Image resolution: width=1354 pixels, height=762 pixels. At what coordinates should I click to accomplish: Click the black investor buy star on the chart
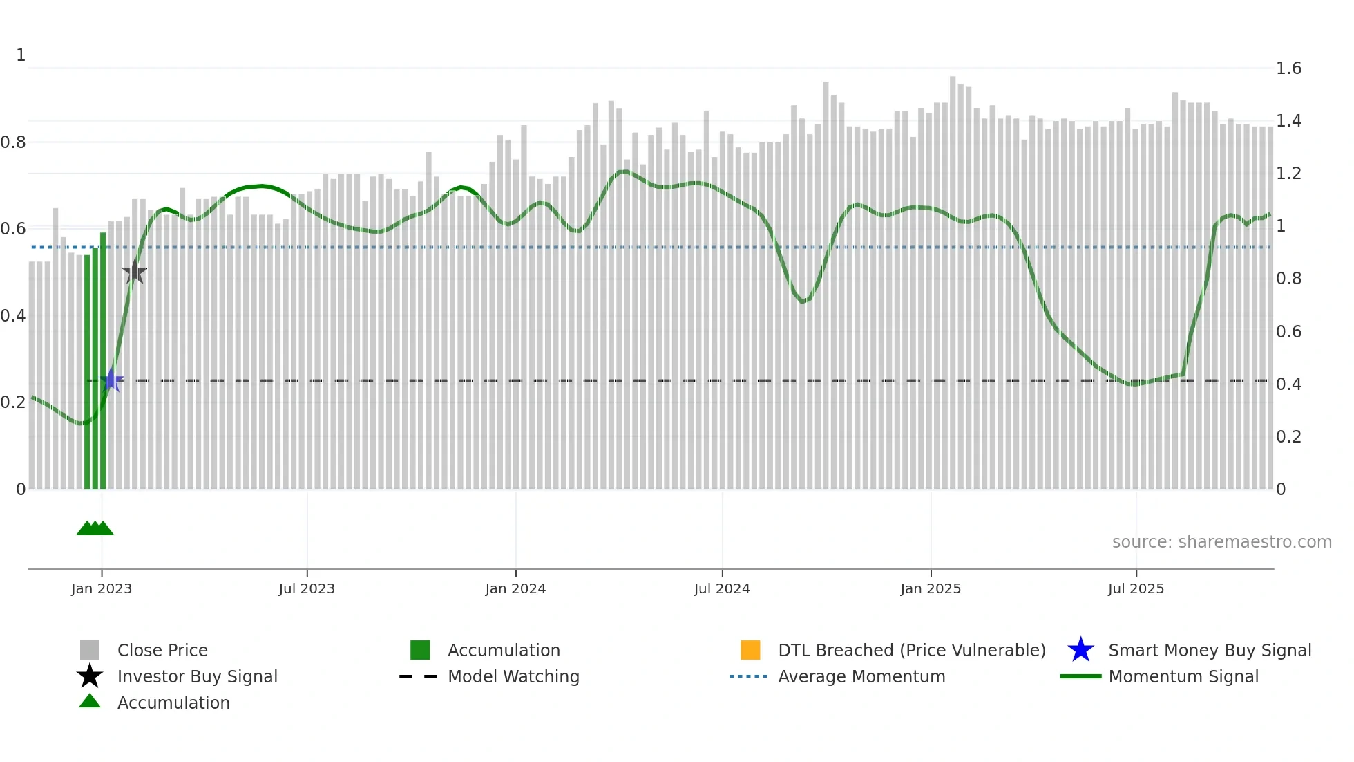135,272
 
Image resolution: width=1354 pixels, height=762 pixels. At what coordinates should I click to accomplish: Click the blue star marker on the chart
111,380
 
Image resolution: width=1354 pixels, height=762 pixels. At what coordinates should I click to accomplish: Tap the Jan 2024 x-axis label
515,588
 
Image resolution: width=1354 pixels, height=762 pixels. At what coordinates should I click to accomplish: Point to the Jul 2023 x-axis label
307,588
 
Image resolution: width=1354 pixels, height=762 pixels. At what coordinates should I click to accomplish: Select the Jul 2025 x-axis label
1136,588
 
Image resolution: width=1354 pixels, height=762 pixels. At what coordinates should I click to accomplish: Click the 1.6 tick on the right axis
1288,68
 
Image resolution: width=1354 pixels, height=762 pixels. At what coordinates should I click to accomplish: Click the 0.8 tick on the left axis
13,142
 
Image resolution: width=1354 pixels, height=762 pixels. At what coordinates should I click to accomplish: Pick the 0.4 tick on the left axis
13,316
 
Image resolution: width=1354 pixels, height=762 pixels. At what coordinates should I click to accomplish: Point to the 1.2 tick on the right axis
1288,174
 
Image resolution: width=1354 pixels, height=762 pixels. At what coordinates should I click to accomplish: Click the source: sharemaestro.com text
1221,542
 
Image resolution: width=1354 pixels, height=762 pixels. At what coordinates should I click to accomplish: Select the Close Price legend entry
162,650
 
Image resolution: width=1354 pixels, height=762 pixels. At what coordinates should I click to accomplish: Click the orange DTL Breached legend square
750,650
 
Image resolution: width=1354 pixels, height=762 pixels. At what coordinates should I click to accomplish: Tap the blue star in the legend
1080,650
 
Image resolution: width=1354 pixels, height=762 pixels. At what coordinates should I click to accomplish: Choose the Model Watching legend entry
513,676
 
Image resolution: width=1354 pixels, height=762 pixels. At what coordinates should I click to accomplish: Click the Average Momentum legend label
861,676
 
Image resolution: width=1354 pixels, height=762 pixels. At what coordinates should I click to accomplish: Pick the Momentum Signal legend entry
1183,676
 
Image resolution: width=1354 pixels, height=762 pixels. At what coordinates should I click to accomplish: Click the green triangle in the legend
90,701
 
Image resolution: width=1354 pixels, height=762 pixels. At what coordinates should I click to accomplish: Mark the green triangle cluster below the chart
95,528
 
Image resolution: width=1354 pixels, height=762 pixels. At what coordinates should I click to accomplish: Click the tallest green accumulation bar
103,360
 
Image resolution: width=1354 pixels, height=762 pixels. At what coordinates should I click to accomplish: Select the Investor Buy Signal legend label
198,676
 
